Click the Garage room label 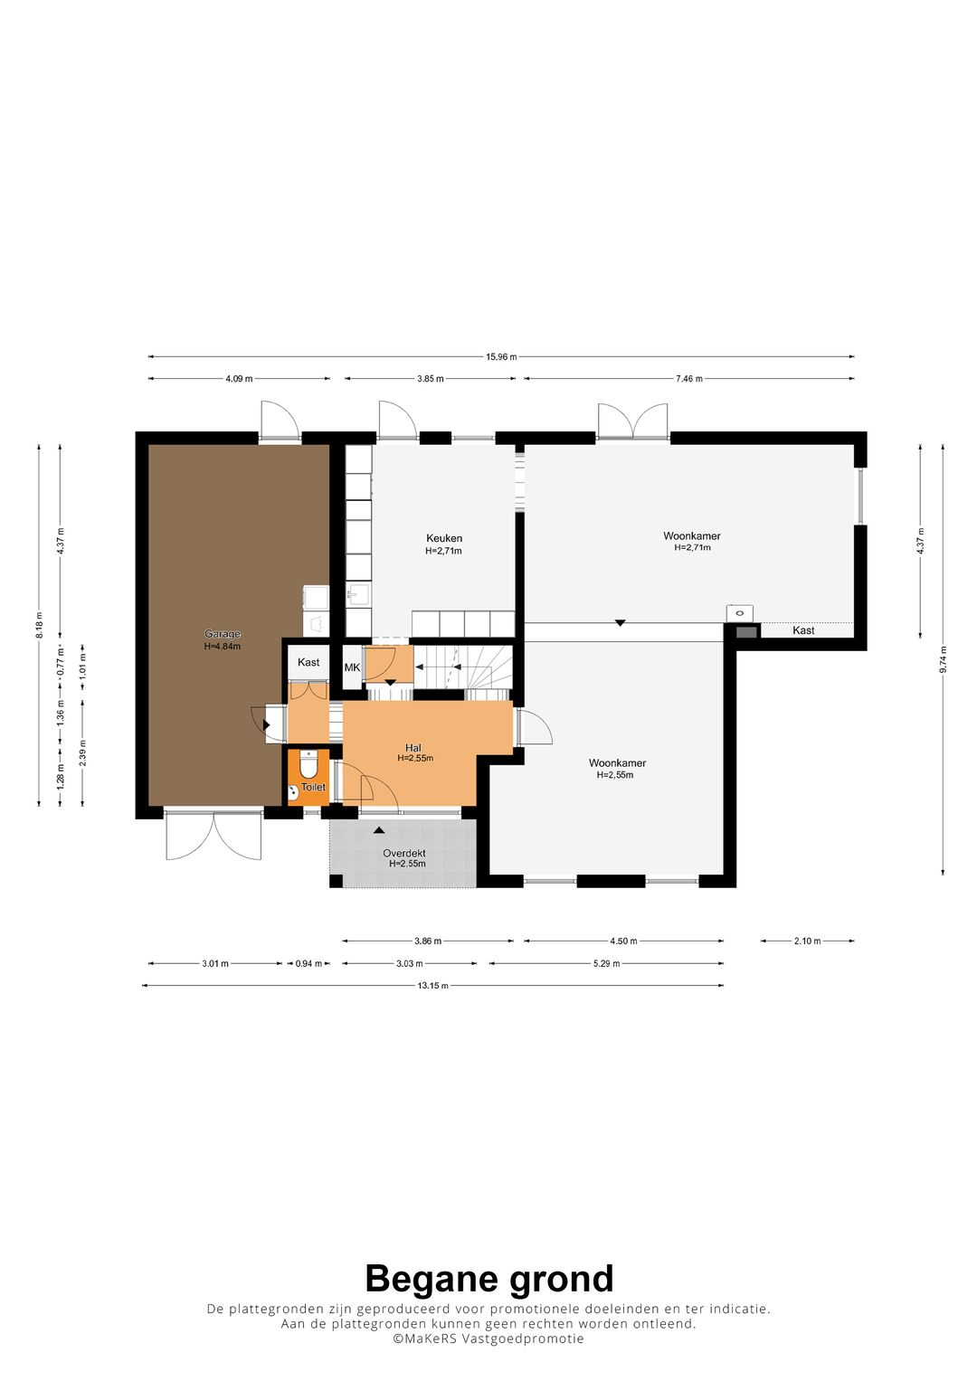[x=222, y=634]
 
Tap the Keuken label [x=444, y=538]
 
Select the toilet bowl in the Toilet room [x=308, y=765]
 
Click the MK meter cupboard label [x=352, y=667]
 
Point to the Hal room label [x=413, y=748]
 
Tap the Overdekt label [x=404, y=853]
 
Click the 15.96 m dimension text [x=501, y=356]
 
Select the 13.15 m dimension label [x=432, y=985]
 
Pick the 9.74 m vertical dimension [x=943, y=659]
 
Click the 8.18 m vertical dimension [x=39, y=625]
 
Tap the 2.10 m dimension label [x=807, y=941]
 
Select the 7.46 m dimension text [x=689, y=379]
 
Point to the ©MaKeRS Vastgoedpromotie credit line [x=488, y=1338]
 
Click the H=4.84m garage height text [x=222, y=646]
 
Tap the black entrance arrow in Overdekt [x=379, y=830]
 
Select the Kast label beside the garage [x=308, y=662]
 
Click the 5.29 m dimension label [x=606, y=963]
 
